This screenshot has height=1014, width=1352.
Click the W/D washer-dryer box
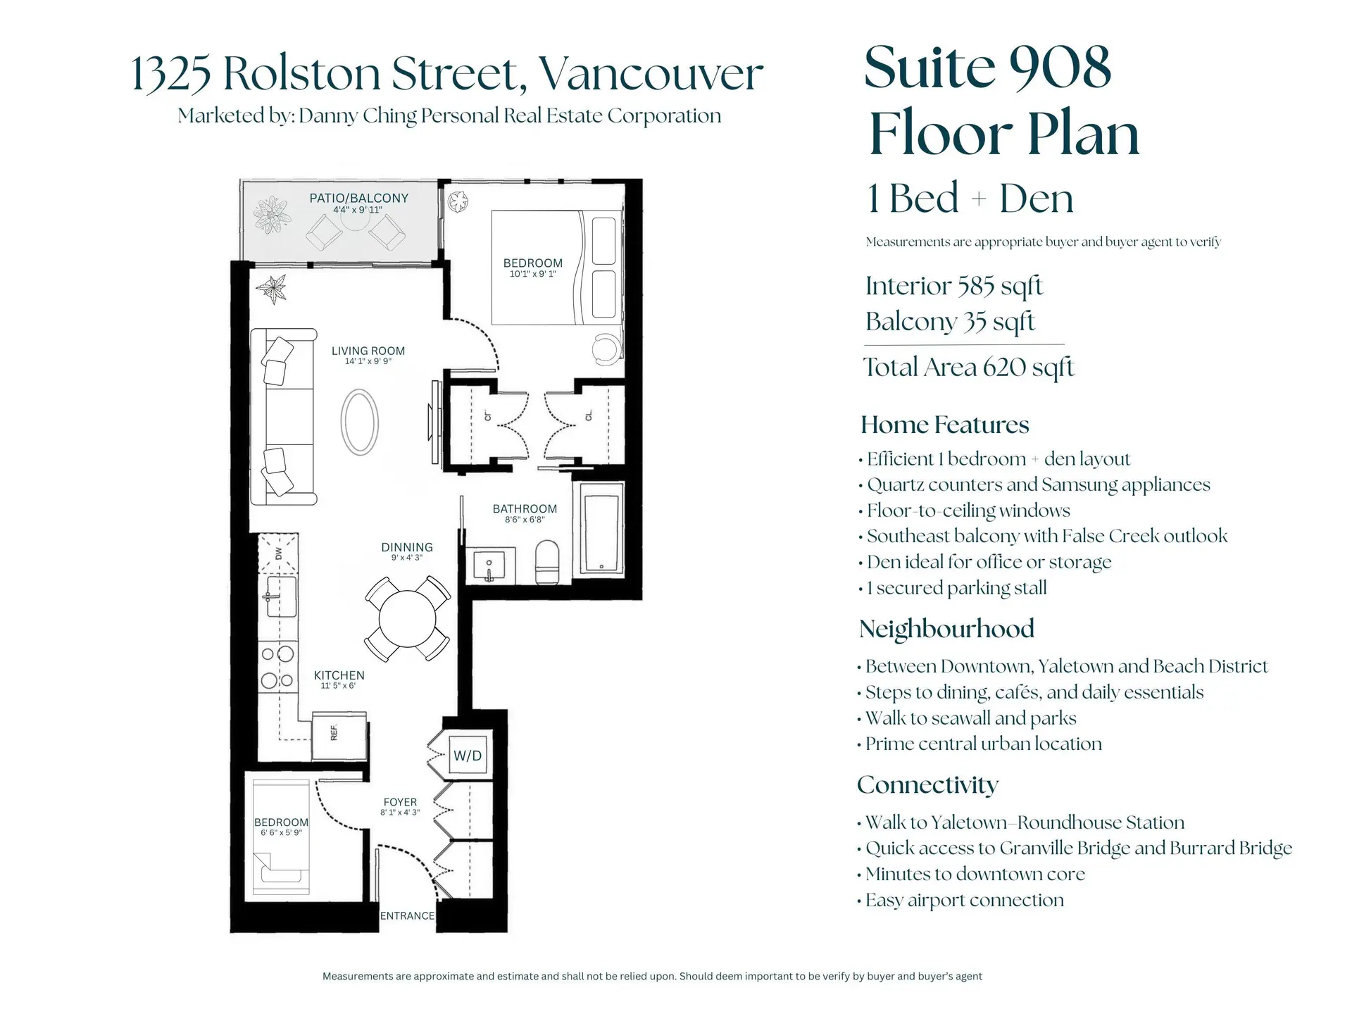click(468, 756)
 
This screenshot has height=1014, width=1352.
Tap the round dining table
click(407, 619)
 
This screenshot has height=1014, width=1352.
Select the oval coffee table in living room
click(360, 423)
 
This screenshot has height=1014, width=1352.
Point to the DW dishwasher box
click(278, 553)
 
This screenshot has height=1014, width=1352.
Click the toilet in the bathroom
click(547, 562)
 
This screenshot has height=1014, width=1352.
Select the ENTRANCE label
click(407, 916)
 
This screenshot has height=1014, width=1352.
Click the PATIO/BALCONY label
click(359, 199)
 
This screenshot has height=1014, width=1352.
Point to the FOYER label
click(400, 802)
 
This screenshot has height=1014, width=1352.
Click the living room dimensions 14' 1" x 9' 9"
click(368, 362)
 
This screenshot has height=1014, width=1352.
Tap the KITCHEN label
click(339, 675)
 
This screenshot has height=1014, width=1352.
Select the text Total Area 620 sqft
click(968, 368)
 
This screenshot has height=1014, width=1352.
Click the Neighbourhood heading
click(946, 629)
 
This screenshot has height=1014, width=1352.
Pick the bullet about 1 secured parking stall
click(956, 588)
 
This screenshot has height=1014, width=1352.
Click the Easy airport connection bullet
click(964, 901)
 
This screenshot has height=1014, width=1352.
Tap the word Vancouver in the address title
click(651, 74)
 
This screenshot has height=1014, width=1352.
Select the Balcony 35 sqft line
click(950, 322)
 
